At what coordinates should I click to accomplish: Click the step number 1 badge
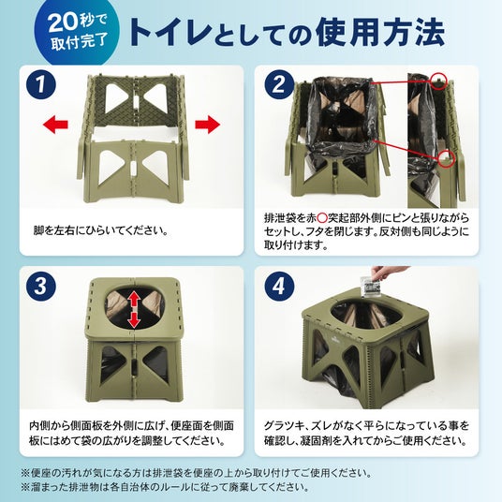(x=40, y=84)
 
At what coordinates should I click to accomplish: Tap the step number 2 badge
(x=279, y=84)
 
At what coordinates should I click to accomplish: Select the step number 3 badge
(x=40, y=286)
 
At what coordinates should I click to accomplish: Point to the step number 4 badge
(x=279, y=286)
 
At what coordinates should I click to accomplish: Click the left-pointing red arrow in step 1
(x=55, y=124)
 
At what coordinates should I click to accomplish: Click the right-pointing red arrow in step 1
(x=208, y=124)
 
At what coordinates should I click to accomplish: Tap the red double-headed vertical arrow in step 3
(x=134, y=311)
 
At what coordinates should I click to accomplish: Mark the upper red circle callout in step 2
(x=437, y=81)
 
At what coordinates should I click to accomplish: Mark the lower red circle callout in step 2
(x=446, y=158)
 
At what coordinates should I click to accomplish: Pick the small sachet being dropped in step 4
(x=372, y=288)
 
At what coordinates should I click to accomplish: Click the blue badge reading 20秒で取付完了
(x=77, y=33)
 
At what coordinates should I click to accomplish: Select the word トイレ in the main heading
(x=170, y=33)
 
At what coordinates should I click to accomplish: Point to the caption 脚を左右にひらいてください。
(x=101, y=230)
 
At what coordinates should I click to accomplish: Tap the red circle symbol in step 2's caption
(x=322, y=218)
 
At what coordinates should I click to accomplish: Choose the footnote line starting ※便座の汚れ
(x=197, y=473)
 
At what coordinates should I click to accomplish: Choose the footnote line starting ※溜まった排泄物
(x=165, y=487)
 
